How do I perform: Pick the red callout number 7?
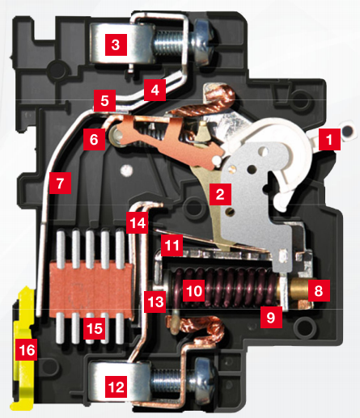(59, 183)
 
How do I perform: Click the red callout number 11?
(171, 243)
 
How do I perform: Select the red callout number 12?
(116, 387)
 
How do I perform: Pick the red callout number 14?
(138, 221)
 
